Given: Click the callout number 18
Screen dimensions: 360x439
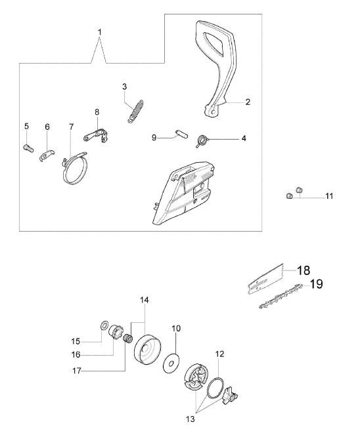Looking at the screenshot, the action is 303,270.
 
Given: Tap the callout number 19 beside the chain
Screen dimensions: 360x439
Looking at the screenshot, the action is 316,284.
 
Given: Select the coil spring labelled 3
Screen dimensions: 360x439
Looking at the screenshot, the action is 136,111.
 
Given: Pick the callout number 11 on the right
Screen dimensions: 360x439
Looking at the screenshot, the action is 329,196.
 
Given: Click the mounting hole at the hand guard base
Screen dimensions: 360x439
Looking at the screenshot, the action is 214,112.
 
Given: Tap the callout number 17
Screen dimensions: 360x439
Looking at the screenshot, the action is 77,371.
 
